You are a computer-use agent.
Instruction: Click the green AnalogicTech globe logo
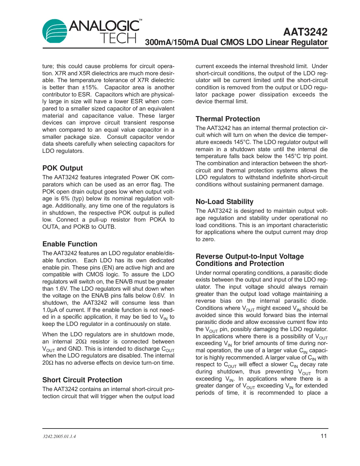(x=54, y=31)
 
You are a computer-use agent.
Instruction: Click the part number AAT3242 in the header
(x=305, y=32)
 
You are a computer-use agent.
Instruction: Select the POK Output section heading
(x=63, y=168)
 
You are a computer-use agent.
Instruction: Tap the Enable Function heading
(x=70, y=244)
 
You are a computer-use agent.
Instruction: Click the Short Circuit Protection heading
(x=82, y=380)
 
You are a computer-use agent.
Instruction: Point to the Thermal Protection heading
(x=228, y=119)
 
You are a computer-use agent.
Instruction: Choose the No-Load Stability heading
(x=224, y=202)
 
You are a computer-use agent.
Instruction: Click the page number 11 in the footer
(x=324, y=436)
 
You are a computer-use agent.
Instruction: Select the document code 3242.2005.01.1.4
(x=59, y=436)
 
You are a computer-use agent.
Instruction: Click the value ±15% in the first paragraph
(x=90, y=87)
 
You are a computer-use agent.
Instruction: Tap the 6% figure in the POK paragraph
(x=65, y=199)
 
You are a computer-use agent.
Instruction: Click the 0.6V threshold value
(x=159, y=296)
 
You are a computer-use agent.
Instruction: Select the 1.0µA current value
(x=50, y=310)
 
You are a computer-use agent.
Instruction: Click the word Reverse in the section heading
(x=209, y=256)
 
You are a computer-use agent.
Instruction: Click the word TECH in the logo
(x=118, y=38)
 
